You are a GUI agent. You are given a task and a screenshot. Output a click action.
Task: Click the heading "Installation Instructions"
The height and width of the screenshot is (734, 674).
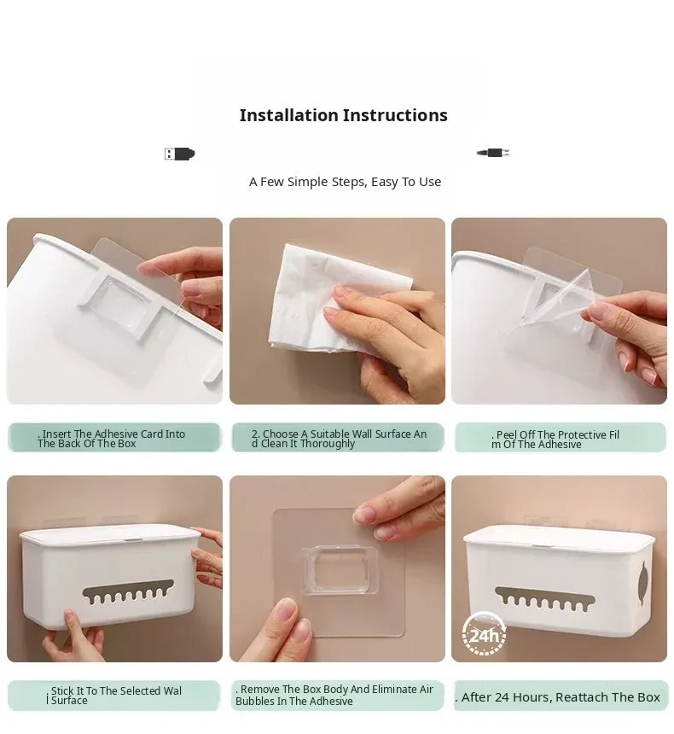[343, 115]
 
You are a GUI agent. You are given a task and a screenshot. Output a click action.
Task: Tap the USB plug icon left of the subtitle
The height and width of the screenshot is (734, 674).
[179, 154]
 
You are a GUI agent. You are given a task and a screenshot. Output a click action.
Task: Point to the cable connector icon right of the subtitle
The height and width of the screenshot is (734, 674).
[493, 153]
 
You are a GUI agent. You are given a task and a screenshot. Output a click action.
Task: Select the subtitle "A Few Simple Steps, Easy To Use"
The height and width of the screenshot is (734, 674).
[345, 182]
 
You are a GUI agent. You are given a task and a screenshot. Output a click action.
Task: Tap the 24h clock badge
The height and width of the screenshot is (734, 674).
[484, 634]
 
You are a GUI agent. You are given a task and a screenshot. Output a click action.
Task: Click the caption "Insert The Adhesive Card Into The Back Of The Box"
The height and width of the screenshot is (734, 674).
[112, 439]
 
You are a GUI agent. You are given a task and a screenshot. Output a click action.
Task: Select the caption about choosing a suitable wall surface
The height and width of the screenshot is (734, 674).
[339, 439]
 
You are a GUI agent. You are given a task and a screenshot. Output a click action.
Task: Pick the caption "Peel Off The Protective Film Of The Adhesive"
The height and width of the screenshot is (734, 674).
[555, 439]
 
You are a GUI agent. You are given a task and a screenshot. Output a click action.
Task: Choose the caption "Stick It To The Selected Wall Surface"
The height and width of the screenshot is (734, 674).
[113, 695]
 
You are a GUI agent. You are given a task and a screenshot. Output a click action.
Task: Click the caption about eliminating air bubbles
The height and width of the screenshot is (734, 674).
[334, 695]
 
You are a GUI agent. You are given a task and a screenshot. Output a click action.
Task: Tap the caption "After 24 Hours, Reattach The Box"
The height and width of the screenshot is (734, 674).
[557, 697]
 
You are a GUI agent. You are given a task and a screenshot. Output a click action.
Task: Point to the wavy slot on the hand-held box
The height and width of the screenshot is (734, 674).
[128, 592]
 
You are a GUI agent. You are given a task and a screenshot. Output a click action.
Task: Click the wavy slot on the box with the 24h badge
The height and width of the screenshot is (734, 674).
[544, 598]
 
